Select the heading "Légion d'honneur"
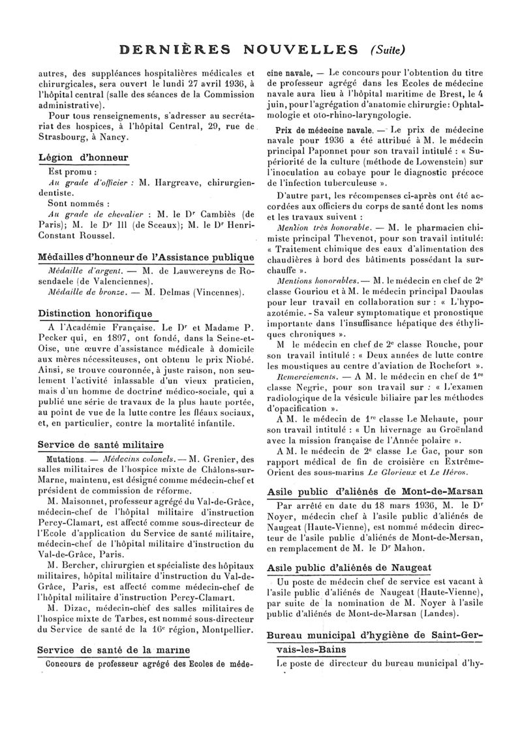tap(82, 157)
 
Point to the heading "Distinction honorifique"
tap(95, 313)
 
